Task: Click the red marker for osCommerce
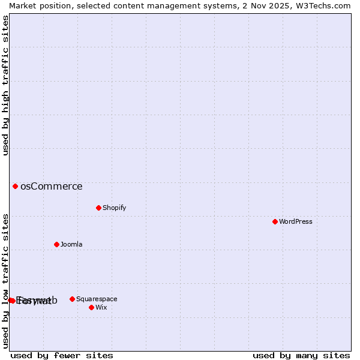tap(15, 186)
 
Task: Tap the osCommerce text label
tap(51, 187)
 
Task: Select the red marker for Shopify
tap(98, 208)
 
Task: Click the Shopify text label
tap(114, 208)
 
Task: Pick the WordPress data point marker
tap(275, 221)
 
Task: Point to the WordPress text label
tap(295, 222)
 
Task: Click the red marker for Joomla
tap(56, 244)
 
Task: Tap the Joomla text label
tap(71, 245)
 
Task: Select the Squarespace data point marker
tap(72, 299)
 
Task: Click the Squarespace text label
tap(97, 299)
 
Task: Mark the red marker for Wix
tap(91, 307)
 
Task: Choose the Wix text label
tap(101, 308)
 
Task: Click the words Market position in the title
tap(36, 5)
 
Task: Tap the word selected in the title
tap(85, 5)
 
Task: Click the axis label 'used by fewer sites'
tap(62, 355)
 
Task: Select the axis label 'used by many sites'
tap(301, 355)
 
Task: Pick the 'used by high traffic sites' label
tap(5, 85)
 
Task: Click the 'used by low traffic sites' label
tap(5, 281)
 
